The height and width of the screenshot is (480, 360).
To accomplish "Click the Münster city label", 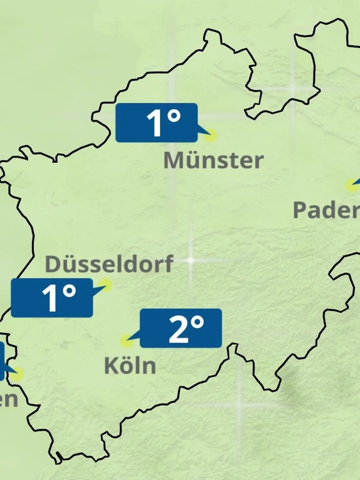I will (214, 160).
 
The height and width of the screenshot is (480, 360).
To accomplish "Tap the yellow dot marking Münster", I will (210, 135).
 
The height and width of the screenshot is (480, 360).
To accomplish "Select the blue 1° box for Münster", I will (156, 122).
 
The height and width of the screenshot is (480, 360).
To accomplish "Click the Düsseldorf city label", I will (109, 264).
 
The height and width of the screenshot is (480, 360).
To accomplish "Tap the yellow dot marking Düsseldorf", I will (106, 284).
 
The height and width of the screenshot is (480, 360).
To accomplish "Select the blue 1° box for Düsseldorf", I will (52, 298).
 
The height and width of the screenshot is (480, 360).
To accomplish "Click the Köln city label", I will (130, 366).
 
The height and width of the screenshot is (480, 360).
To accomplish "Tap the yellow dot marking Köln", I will (126, 341).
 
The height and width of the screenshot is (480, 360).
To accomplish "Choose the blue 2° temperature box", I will (181, 328).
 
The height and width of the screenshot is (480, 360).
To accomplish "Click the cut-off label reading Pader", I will (326, 210).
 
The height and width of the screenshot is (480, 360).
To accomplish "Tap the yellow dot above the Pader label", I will (351, 185).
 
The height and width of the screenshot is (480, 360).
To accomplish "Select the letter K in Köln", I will (111, 366).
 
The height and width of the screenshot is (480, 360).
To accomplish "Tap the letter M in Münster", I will (173, 160).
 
